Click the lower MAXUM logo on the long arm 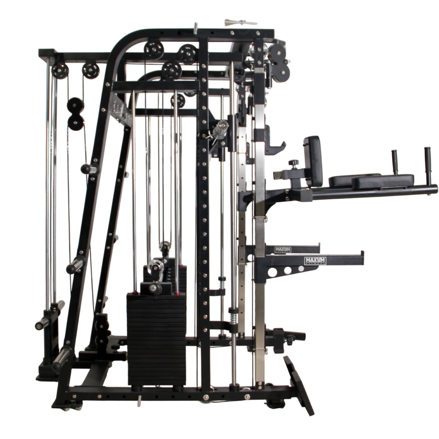[x=315, y=260]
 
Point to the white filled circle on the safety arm [x=301, y=269]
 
